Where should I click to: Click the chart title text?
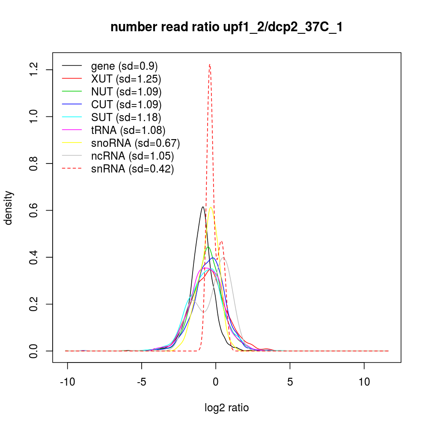(x=226, y=27)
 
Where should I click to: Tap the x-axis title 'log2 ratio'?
(x=226, y=408)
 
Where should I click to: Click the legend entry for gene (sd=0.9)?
(x=124, y=66)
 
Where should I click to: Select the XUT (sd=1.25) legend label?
(x=126, y=79)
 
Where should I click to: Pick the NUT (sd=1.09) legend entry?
(x=126, y=92)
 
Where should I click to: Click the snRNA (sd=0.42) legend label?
(x=132, y=169)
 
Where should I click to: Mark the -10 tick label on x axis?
(x=68, y=382)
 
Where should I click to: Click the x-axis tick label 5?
(x=290, y=382)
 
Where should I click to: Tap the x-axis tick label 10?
(x=364, y=382)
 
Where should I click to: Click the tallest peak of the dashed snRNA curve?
(x=210, y=65)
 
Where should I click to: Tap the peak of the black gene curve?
(x=203, y=207)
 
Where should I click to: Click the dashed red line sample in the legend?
(x=72, y=169)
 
